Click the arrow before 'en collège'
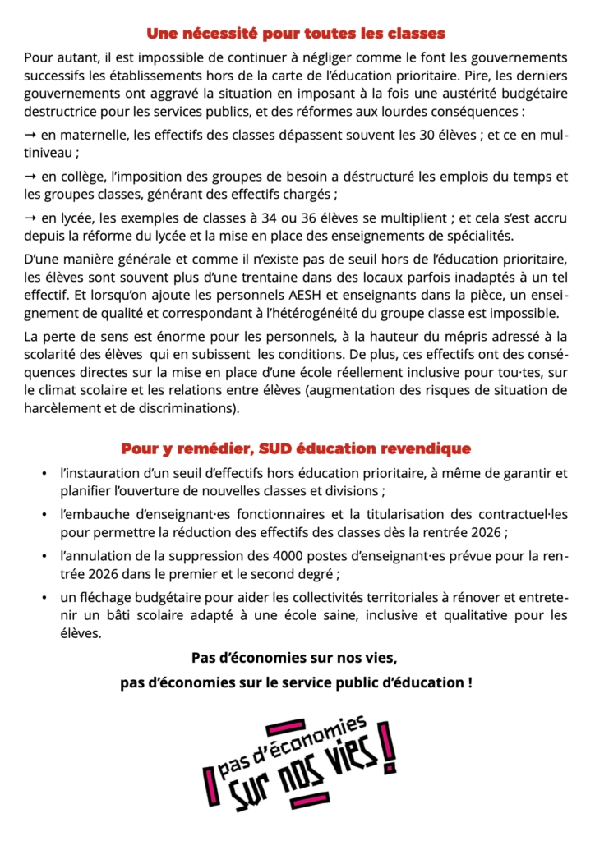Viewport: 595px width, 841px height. point(30,177)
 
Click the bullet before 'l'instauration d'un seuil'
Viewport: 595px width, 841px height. point(43,474)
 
